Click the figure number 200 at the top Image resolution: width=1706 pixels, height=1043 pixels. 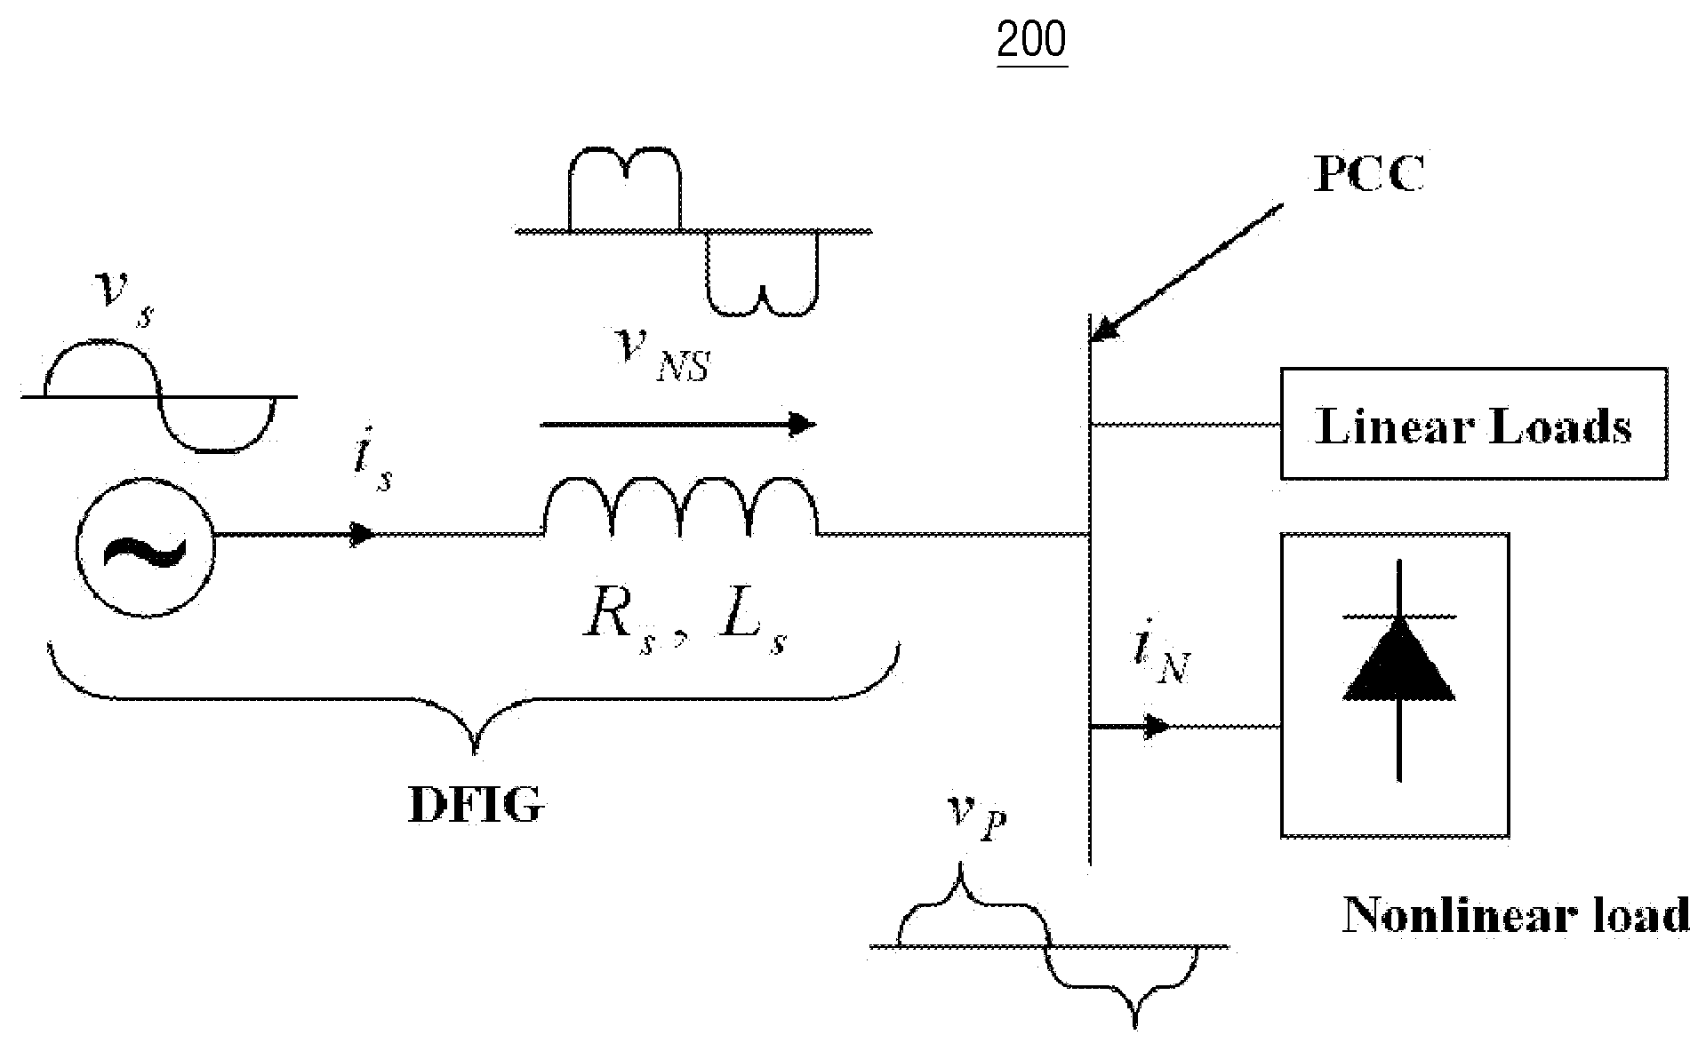coord(1031,39)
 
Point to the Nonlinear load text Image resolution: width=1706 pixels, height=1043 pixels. coord(1516,914)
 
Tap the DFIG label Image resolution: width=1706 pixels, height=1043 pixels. coord(476,806)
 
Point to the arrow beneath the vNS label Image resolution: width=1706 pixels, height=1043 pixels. coord(678,425)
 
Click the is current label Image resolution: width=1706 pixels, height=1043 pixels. coord(372,468)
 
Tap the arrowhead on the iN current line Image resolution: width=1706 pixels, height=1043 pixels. coord(1157,727)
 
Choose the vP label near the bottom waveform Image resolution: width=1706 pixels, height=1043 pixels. coord(976,818)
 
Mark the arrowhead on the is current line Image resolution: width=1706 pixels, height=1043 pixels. coord(361,534)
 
